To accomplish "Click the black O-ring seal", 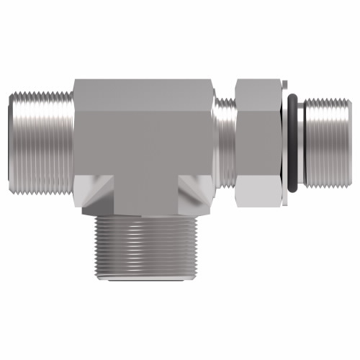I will [290, 144].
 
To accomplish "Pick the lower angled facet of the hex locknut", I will [256, 191].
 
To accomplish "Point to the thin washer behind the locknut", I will [283, 144].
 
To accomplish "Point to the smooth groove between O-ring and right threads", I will [301, 144].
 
